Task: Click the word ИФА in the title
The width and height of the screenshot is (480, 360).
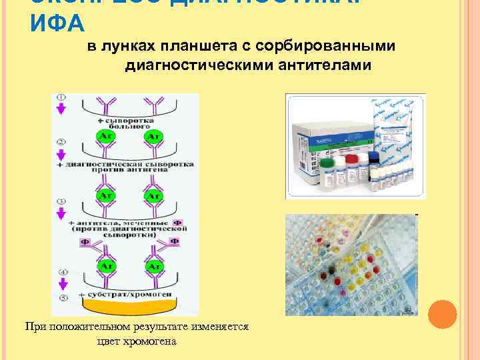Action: (57, 24)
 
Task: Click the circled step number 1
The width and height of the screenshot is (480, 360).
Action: (61, 97)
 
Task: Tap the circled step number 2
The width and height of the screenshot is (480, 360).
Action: (61, 142)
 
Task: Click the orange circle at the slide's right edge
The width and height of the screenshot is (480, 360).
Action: (441, 315)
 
